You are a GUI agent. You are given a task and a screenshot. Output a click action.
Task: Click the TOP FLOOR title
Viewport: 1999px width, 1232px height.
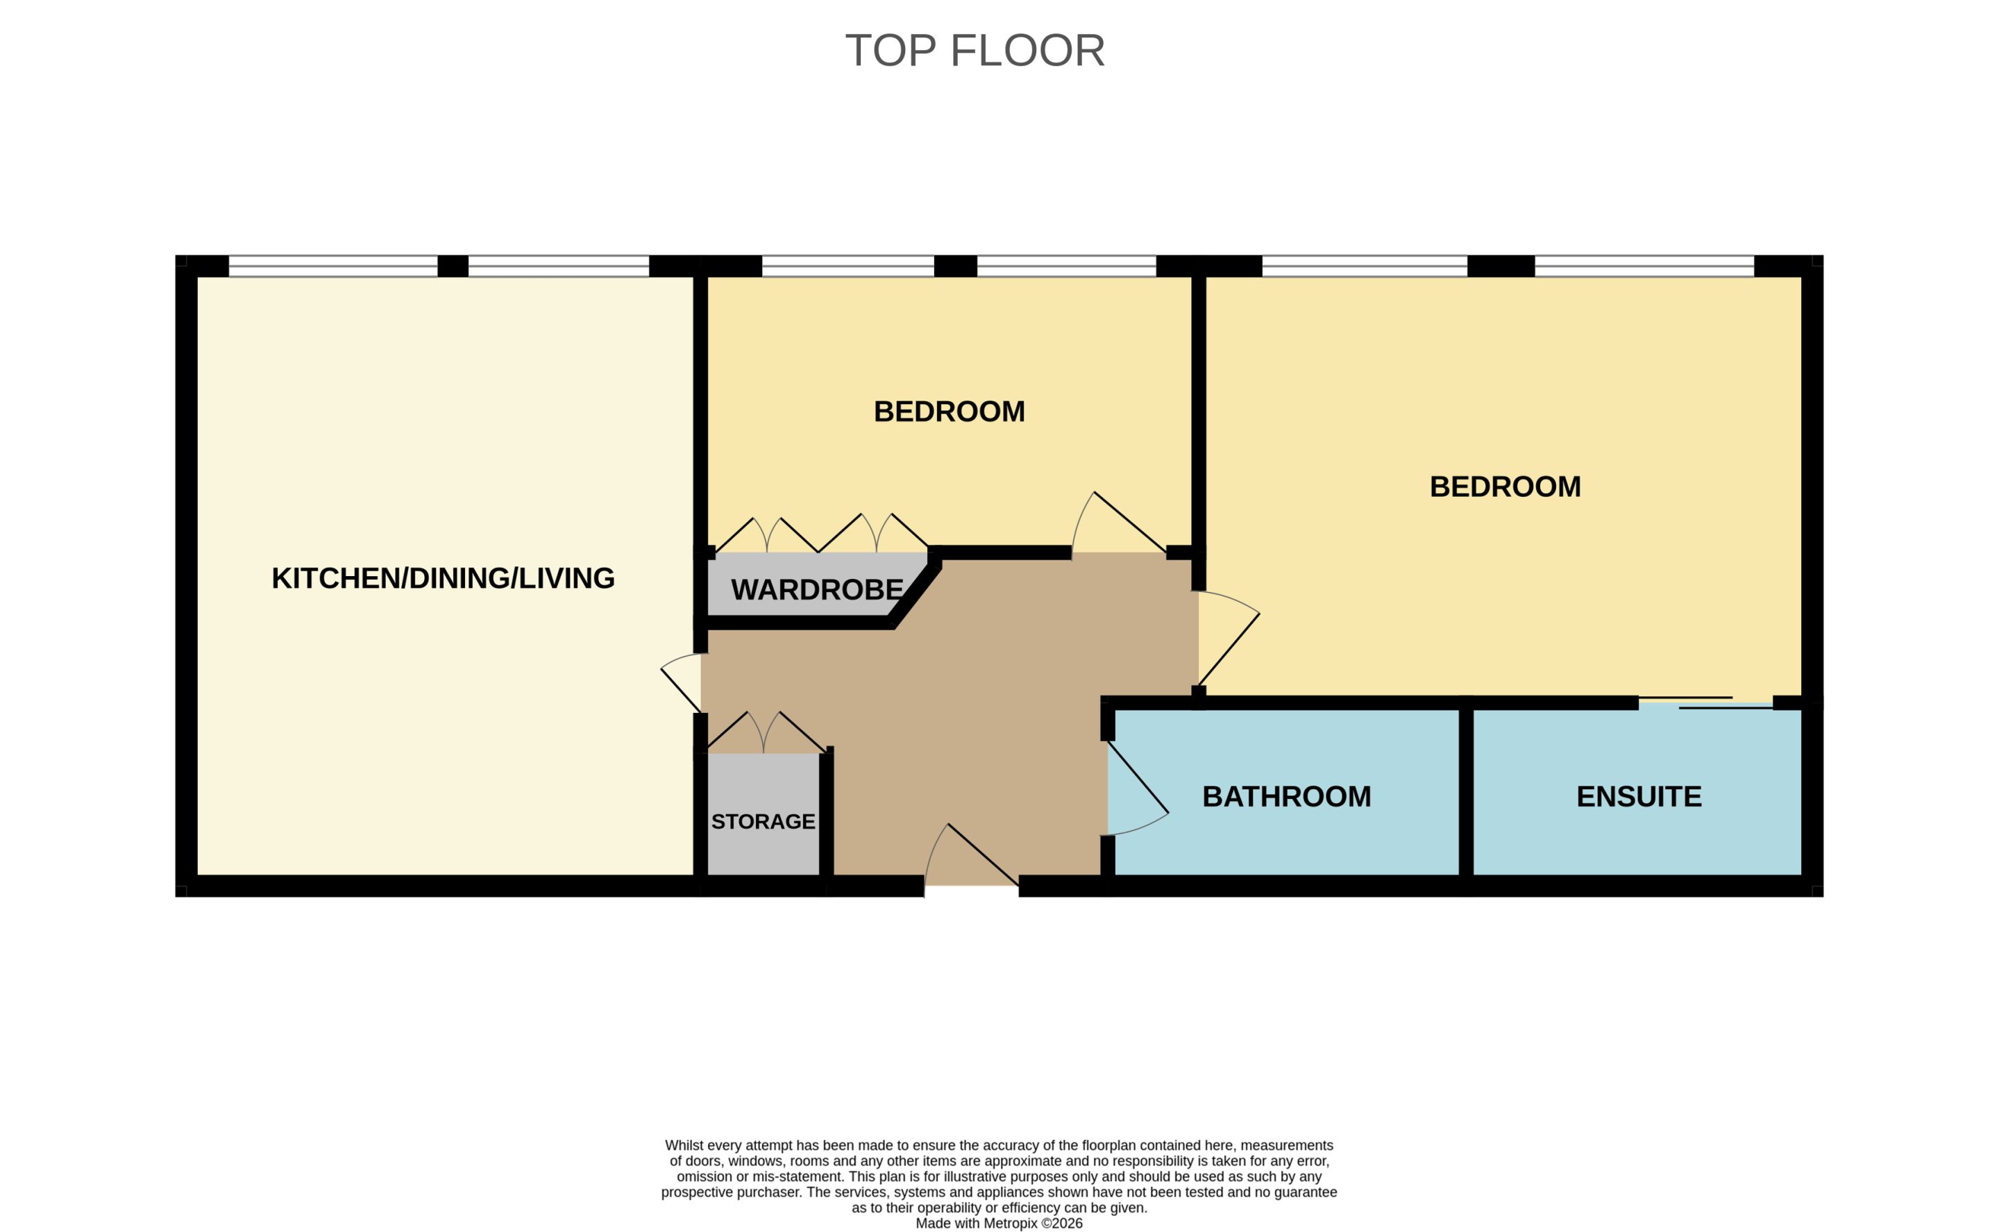(x=975, y=51)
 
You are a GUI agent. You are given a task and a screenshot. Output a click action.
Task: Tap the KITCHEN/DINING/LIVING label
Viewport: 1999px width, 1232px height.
(x=443, y=577)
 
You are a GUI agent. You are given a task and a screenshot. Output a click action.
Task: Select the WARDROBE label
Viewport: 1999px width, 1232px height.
(x=817, y=589)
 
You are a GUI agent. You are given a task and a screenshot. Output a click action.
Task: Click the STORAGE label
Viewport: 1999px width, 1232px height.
(x=764, y=821)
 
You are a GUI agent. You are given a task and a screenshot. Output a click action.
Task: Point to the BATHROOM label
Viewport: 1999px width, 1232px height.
(x=1287, y=796)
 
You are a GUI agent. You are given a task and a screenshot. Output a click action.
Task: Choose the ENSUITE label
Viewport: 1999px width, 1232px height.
(x=1639, y=796)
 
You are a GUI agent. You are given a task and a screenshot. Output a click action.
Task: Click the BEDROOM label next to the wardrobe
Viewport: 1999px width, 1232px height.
(x=949, y=412)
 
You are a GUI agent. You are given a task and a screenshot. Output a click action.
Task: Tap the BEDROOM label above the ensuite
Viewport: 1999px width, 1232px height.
(x=1505, y=487)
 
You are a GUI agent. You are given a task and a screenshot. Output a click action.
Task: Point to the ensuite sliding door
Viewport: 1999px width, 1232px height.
(x=1706, y=702)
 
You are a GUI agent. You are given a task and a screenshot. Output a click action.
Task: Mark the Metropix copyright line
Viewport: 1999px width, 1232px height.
(x=999, y=1223)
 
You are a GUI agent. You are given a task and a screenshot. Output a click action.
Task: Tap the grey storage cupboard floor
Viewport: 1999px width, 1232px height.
(x=764, y=814)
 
